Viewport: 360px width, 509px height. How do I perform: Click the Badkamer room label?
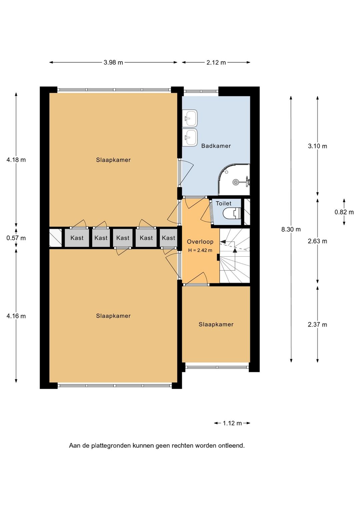[x=216, y=146]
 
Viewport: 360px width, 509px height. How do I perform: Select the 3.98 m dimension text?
[x=113, y=62]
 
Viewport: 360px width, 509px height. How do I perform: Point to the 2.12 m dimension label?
[x=216, y=62]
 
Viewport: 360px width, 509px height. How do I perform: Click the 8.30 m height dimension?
[x=291, y=230]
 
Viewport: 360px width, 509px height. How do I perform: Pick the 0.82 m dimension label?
[x=344, y=212]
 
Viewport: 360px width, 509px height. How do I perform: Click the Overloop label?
[x=200, y=242]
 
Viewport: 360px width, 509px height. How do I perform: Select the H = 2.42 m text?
[x=200, y=250]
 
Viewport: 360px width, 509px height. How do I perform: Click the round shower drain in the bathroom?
[x=235, y=182]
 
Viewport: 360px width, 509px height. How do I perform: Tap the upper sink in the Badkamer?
[x=190, y=118]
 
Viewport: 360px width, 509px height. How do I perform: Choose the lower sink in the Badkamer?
[x=190, y=137]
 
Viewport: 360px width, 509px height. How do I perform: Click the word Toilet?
[x=223, y=204]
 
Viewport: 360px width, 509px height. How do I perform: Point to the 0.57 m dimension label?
[x=16, y=238]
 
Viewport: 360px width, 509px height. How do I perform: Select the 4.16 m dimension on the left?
[x=16, y=316]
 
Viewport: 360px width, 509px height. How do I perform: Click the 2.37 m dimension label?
[x=317, y=325]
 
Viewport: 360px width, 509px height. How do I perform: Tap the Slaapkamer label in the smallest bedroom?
[x=216, y=324]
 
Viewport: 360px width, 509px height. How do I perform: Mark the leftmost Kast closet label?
[x=77, y=238]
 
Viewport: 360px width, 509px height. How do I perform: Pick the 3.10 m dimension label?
[x=317, y=146]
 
